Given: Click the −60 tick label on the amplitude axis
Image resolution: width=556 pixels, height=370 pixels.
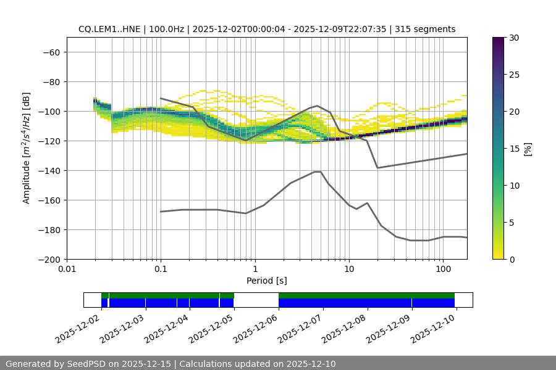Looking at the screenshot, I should click(x=51, y=52).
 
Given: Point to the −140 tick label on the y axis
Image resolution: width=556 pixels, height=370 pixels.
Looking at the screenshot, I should click(x=49, y=170).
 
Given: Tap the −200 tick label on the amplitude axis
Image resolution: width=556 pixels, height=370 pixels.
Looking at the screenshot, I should click(x=49, y=259).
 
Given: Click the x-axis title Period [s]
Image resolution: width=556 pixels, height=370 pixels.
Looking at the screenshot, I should click(x=266, y=281).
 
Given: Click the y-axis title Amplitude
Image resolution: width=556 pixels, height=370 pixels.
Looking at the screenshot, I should click(x=27, y=148).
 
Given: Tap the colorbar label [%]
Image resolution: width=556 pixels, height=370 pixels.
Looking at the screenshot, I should click(x=527, y=148).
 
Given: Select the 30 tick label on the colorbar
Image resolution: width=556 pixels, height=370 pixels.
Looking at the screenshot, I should click(x=513, y=38).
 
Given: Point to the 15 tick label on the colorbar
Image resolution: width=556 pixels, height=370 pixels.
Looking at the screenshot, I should click(x=513, y=149).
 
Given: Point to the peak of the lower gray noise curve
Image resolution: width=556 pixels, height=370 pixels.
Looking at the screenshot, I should click(x=318, y=171).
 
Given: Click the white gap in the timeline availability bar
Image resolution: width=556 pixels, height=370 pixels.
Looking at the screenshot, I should click(x=256, y=300).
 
